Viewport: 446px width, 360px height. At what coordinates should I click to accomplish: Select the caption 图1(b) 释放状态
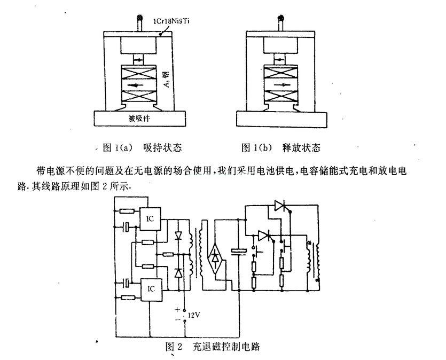(281, 146)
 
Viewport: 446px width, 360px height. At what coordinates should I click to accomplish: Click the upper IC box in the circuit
(151, 218)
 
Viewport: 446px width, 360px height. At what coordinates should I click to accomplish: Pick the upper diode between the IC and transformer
(179, 234)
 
